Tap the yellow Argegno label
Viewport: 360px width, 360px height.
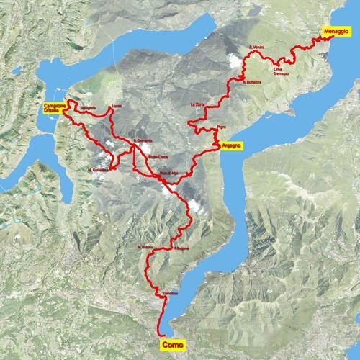(231, 145)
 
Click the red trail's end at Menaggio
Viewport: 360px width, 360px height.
(333, 39)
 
